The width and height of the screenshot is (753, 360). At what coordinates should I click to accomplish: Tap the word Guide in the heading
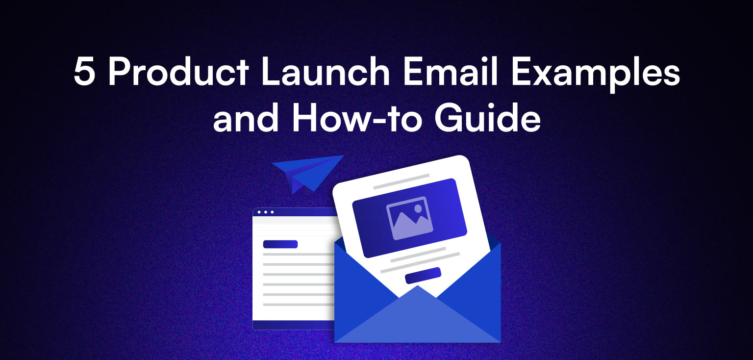point(496,120)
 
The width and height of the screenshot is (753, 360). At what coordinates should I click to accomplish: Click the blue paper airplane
point(307,172)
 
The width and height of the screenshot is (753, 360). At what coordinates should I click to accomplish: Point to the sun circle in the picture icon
point(418,208)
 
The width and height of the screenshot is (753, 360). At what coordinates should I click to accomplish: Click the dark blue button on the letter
point(423,275)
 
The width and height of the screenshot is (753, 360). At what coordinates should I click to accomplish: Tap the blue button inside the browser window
point(280,244)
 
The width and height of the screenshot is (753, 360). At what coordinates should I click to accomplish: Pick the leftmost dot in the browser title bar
point(259,212)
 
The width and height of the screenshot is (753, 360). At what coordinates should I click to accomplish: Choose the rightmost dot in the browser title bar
point(272,212)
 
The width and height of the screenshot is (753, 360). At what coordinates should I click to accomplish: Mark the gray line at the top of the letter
point(401,181)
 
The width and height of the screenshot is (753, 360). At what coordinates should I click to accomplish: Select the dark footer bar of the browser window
point(293,325)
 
